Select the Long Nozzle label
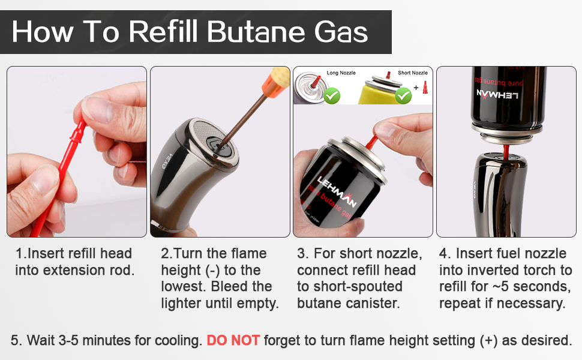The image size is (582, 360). click(x=341, y=73)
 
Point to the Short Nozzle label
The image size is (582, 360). click(x=412, y=73)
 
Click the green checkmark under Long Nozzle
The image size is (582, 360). click(x=332, y=95)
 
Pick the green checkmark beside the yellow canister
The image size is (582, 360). click(x=403, y=95)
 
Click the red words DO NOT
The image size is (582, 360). click(x=233, y=341)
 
